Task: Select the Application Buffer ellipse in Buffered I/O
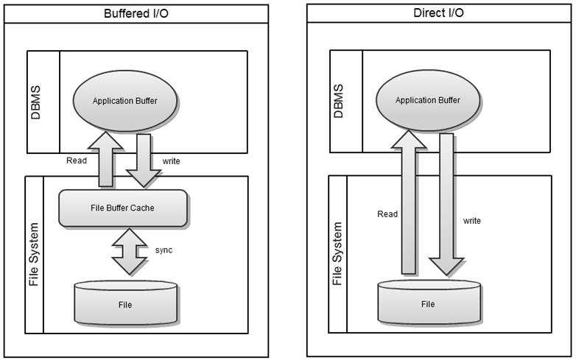(x=125, y=101)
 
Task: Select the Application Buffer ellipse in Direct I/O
(x=428, y=100)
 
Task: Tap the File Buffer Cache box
(x=124, y=208)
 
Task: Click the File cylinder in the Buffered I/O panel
(x=125, y=303)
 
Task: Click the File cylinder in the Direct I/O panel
(x=428, y=303)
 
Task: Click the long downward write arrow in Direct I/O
(x=446, y=206)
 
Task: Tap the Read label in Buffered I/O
(x=77, y=160)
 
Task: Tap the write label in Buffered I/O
(x=170, y=160)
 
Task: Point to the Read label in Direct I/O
(x=387, y=214)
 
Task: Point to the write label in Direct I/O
(x=472, y=220)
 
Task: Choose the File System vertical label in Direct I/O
(x=338, y=253)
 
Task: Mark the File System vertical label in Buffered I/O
(x=35, y=255)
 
